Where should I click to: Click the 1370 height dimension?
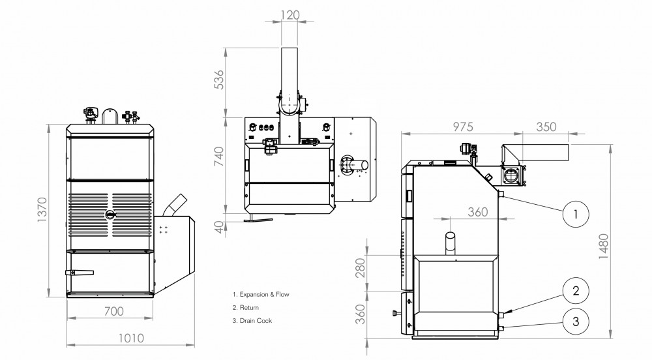[42, 209]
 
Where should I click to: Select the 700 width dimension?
[114, 311]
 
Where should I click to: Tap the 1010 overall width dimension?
[131, 338]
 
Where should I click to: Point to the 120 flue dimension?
[290, 15]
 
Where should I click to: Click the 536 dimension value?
[218, 80]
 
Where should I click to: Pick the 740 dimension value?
[218, 157]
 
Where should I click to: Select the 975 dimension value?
[463, 127]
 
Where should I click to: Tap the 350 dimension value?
[546, 127]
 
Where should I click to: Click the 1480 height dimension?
[603, 246]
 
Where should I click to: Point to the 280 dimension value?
[361, 267]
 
